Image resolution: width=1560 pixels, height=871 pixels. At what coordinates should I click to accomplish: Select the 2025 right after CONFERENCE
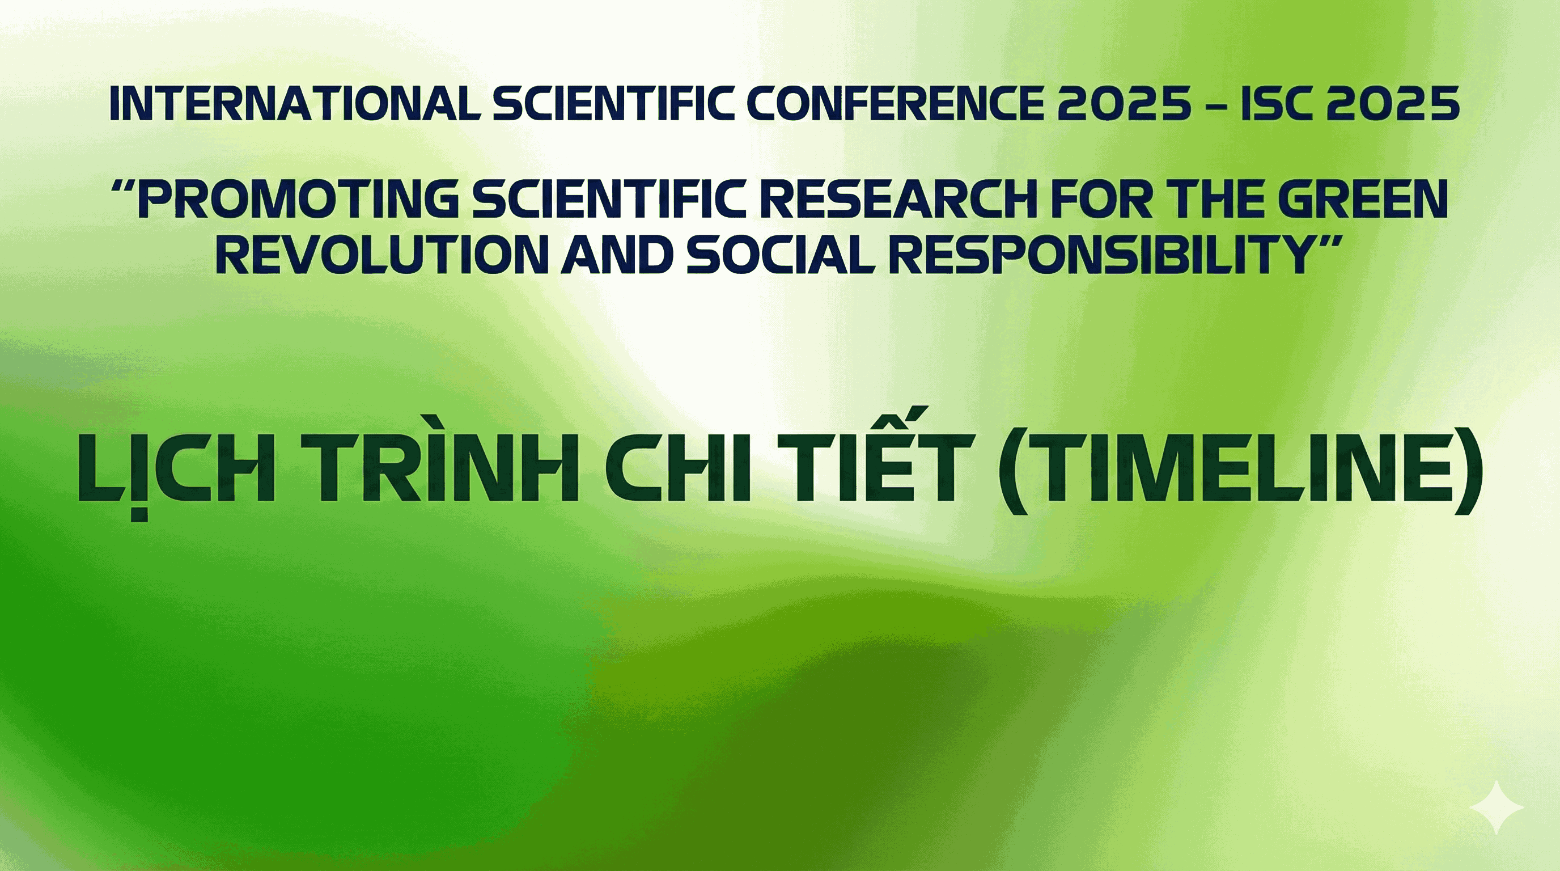1125,104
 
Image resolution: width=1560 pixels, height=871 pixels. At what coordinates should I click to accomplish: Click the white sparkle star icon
1497,807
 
